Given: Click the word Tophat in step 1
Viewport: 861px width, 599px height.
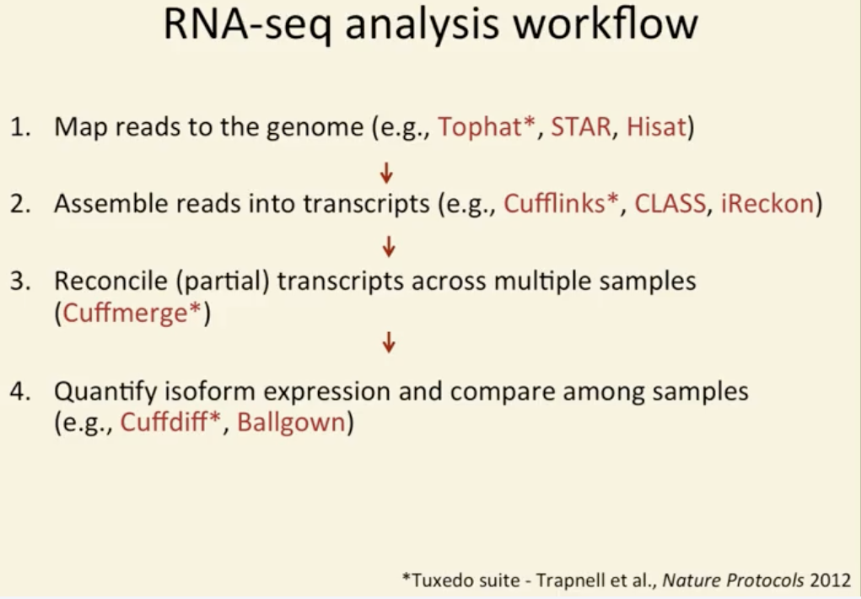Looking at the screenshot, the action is click(479, 128).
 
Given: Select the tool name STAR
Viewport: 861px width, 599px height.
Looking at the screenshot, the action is click(581, 127).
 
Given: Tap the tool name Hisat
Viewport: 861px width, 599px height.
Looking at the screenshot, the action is click(656, 127).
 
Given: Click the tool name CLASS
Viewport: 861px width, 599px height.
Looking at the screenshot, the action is click(670, 204).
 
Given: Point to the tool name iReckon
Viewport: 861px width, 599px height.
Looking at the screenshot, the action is click(767, 204).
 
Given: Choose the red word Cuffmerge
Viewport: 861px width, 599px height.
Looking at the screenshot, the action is click(125, 313).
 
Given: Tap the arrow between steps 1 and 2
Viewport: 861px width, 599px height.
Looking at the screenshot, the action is click(386, 173).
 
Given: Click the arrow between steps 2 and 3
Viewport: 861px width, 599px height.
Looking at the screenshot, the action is click(389, 247).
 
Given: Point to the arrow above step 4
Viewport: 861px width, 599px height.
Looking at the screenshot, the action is click(389, 342).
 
